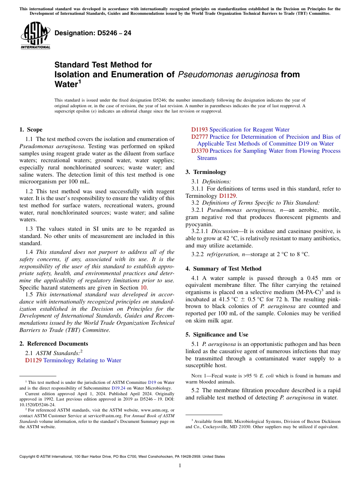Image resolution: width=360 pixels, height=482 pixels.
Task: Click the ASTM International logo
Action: coord(35,36)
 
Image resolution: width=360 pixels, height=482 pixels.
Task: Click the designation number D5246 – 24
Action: coord(93,33)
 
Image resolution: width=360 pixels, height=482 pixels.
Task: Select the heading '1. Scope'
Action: coord(31,130)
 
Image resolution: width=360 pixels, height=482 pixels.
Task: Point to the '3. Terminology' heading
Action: coord(206,172)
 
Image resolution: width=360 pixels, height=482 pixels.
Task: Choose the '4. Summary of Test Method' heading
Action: coord(223,269)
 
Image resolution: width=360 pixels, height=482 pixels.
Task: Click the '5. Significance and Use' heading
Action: coord(217,335)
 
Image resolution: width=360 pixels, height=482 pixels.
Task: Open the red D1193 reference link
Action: coord(199,130)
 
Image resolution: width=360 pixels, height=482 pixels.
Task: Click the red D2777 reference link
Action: coord(200,137)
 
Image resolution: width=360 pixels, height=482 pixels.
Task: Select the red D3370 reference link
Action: coord(200,151)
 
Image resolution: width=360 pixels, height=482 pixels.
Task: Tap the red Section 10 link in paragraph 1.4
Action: coord(144,288)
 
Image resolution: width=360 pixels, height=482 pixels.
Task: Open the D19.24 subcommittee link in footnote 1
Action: coord(116,388)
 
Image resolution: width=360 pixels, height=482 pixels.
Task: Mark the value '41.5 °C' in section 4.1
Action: coord(216,299)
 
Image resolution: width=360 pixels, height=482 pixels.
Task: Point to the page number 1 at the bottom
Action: coord(180,466)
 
